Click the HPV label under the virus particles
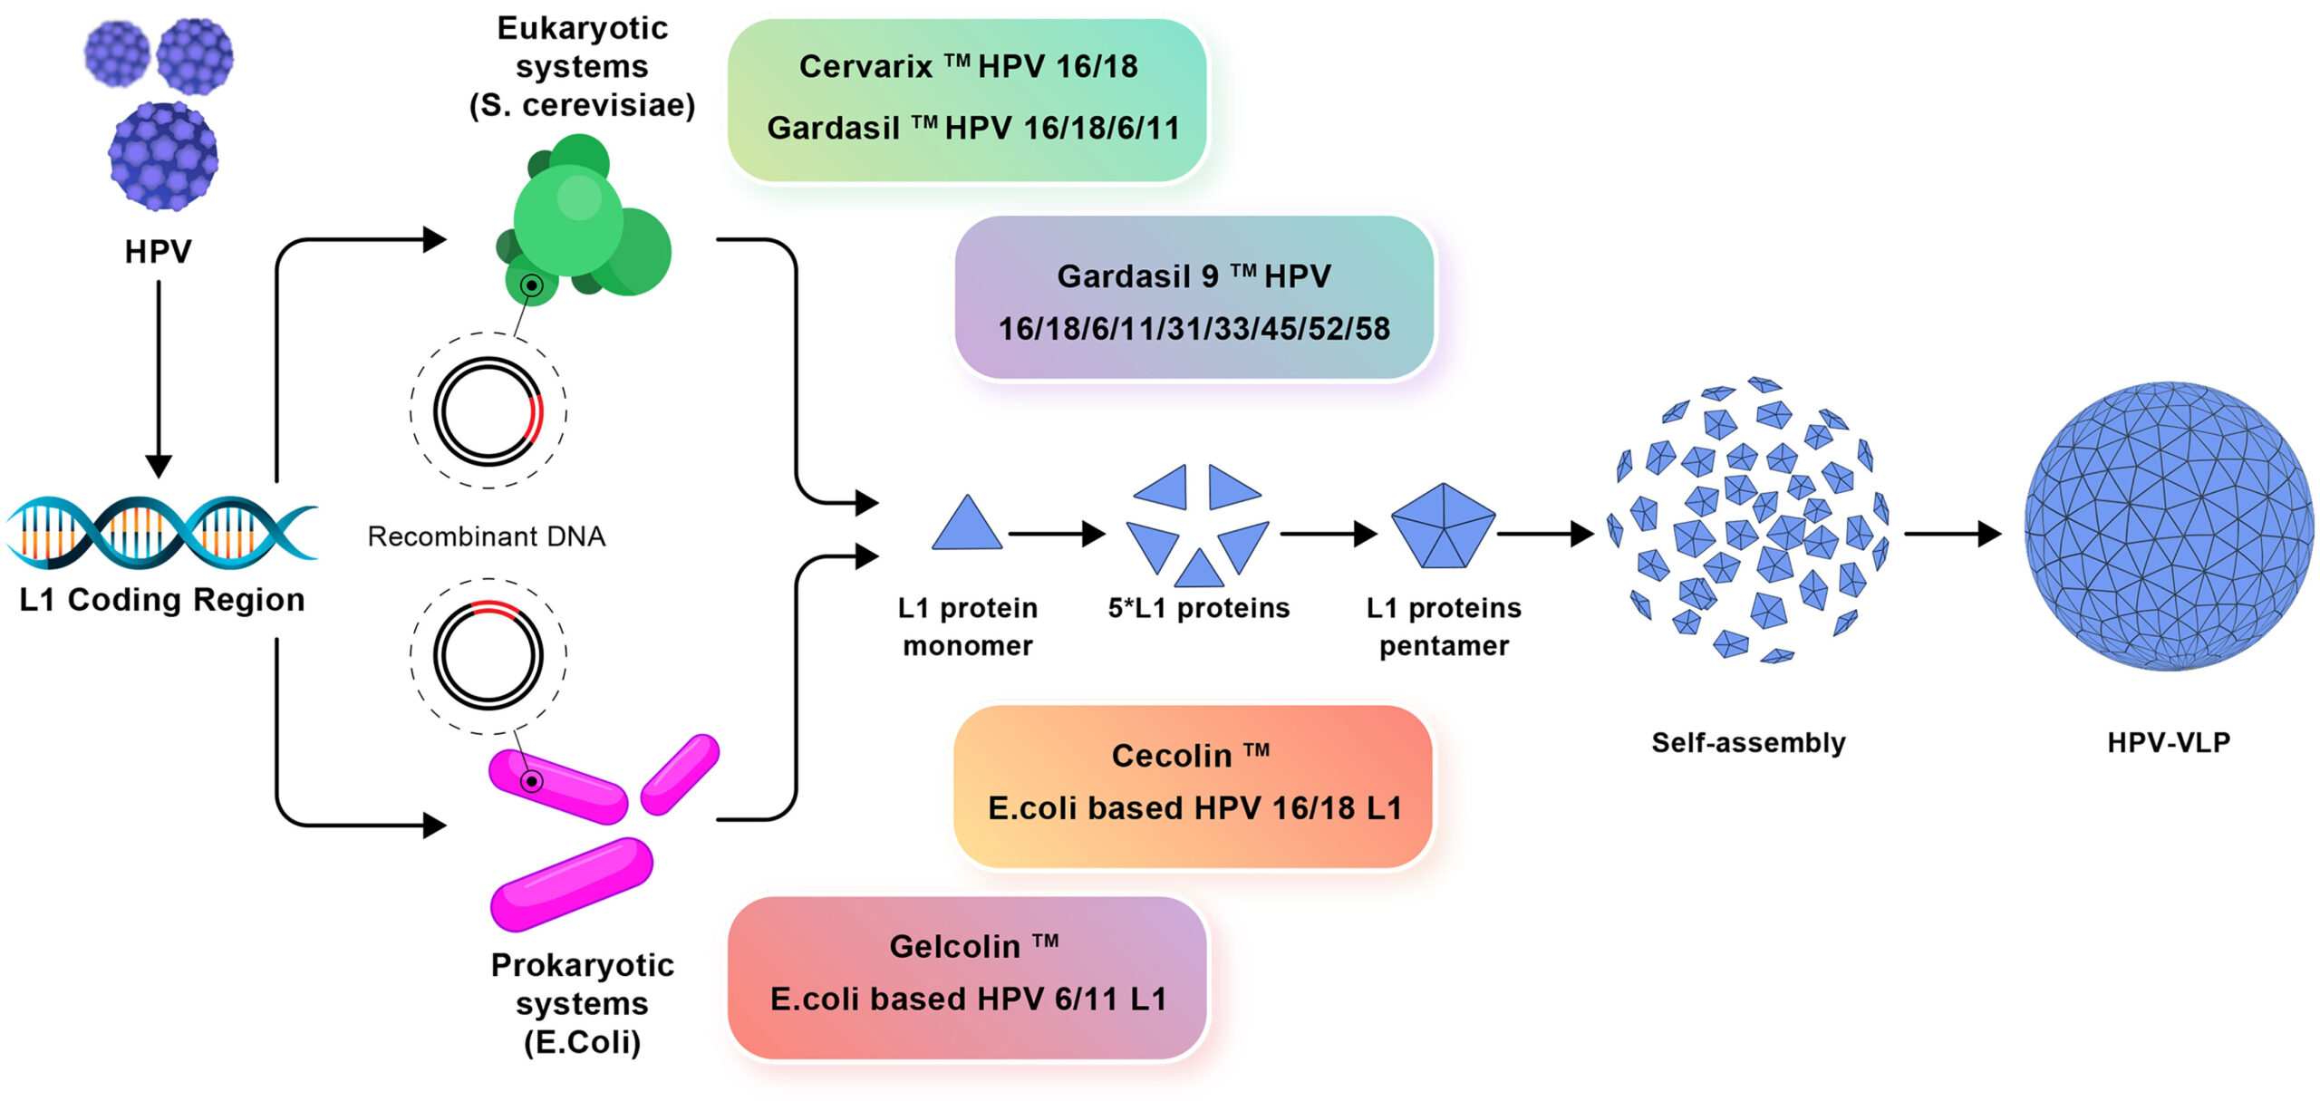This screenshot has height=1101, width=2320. coord(158,251)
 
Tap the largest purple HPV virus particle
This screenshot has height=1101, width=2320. coord(163,157)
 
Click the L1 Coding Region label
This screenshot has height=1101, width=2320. coord(162,600)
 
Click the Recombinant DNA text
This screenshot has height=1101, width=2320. coord(486,536)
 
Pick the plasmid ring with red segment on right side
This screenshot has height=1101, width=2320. coord(488,412)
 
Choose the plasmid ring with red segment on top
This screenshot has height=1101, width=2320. coord(488,653)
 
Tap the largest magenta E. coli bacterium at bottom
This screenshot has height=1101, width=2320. coord(571,884)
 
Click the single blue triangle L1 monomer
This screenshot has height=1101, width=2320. coord(967,526)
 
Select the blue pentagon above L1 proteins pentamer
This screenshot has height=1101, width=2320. coord(1443,526)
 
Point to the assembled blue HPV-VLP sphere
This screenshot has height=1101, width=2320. coord(2168,526)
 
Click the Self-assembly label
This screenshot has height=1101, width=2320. coord(1748,743)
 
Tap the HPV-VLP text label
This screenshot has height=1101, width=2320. coord(2168,743)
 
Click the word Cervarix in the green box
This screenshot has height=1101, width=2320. coord(865,66)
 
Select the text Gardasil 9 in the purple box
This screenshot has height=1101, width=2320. coord(1137,276)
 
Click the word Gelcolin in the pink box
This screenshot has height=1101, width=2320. coord(954,947)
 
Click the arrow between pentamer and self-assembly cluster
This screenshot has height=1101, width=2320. coord(1545,534)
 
